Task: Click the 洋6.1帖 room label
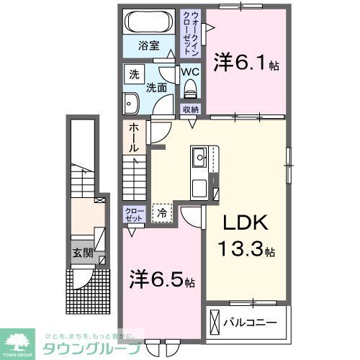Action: click(x=246, y=65)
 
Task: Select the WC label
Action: click(x=190, y=73)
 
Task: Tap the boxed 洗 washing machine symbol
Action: click(x=135, y=74)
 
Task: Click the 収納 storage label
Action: click(x=190, y=110)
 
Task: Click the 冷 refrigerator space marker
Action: click(x=162, y=212)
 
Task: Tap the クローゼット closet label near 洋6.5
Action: click(x=134, y=215)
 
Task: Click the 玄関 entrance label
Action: click(x=81, y=253)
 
